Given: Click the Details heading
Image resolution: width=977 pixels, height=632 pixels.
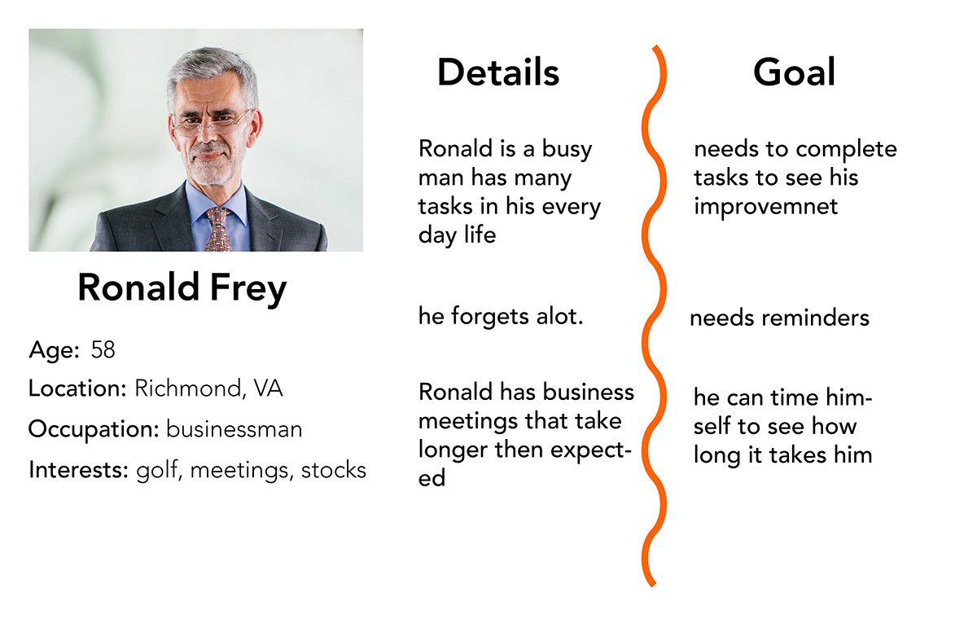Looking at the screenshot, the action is pos(498,72).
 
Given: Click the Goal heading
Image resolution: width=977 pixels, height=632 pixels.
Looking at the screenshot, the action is pos(795,72).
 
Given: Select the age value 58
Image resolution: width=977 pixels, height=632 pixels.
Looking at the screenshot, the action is pos(103,350).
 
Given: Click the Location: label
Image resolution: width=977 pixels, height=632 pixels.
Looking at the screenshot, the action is pos(77,388).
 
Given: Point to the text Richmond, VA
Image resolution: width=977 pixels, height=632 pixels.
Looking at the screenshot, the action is pos(208,388).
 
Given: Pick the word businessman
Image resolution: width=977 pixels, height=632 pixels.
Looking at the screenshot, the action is pos(234,429).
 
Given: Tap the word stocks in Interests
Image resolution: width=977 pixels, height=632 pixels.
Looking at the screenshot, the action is pos(334,470).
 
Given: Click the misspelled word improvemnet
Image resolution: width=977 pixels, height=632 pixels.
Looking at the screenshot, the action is pos(766,207).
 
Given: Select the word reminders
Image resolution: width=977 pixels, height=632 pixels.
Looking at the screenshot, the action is pos(816,318).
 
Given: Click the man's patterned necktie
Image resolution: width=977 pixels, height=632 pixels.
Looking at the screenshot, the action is pos(219,230).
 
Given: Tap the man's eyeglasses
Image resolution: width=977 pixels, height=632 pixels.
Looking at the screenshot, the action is pos(211,121).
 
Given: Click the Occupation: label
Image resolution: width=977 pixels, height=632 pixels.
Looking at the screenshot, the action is pos(94,430).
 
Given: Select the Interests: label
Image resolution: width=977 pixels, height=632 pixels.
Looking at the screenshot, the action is pos(78,470).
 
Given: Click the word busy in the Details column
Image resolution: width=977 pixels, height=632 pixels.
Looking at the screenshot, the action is pos(567,150).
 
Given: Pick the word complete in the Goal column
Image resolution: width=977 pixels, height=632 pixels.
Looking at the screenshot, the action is pos(846,151).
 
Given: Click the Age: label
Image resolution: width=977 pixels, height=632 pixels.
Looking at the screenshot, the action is pos(54,351).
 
